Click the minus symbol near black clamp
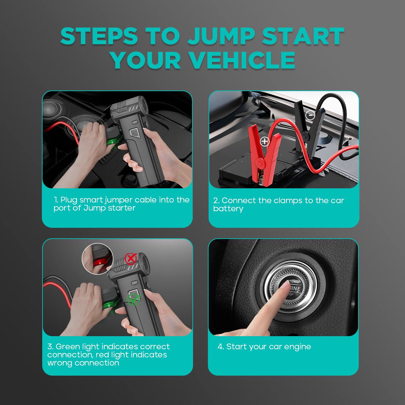tap(310, 115)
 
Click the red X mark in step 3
tap(130, 259)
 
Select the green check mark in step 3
tap(133, 299)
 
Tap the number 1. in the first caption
tap(56, 200)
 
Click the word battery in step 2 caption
tap(228, 209)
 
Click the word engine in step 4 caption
tap(297, 347)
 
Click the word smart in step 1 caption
tap(91, 200)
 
